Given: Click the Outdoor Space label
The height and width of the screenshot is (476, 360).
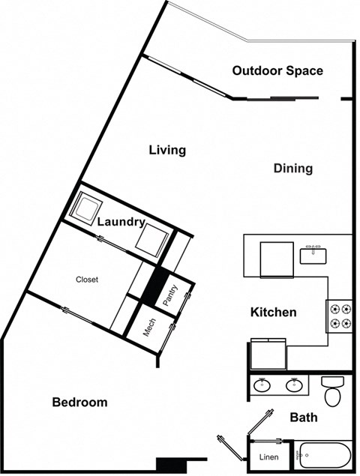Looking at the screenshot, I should point(277,71).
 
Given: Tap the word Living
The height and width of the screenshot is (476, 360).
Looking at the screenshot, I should point(166,150).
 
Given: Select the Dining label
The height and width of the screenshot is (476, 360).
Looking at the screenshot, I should point(292,169).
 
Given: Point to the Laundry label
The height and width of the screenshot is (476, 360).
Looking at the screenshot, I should point(120,222).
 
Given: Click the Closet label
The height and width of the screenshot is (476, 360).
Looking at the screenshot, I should point(87,280).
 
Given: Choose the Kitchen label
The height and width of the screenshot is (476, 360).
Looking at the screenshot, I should point(273,312).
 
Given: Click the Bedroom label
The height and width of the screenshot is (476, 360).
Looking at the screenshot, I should point(79,403).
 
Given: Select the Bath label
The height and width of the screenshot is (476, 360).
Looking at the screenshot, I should point(303,418).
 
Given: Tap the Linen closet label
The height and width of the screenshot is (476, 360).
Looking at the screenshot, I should point(268,457).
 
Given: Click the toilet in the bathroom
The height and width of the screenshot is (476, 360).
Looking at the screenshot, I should point(331,390).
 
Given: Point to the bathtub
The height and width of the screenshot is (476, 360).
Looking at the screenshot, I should point(324,455).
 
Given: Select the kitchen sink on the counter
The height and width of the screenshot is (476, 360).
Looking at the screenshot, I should point(313,255).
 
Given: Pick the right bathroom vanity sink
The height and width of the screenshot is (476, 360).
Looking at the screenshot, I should point(294,385).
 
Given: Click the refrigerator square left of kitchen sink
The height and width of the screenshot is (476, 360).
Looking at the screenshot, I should point(275,259).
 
